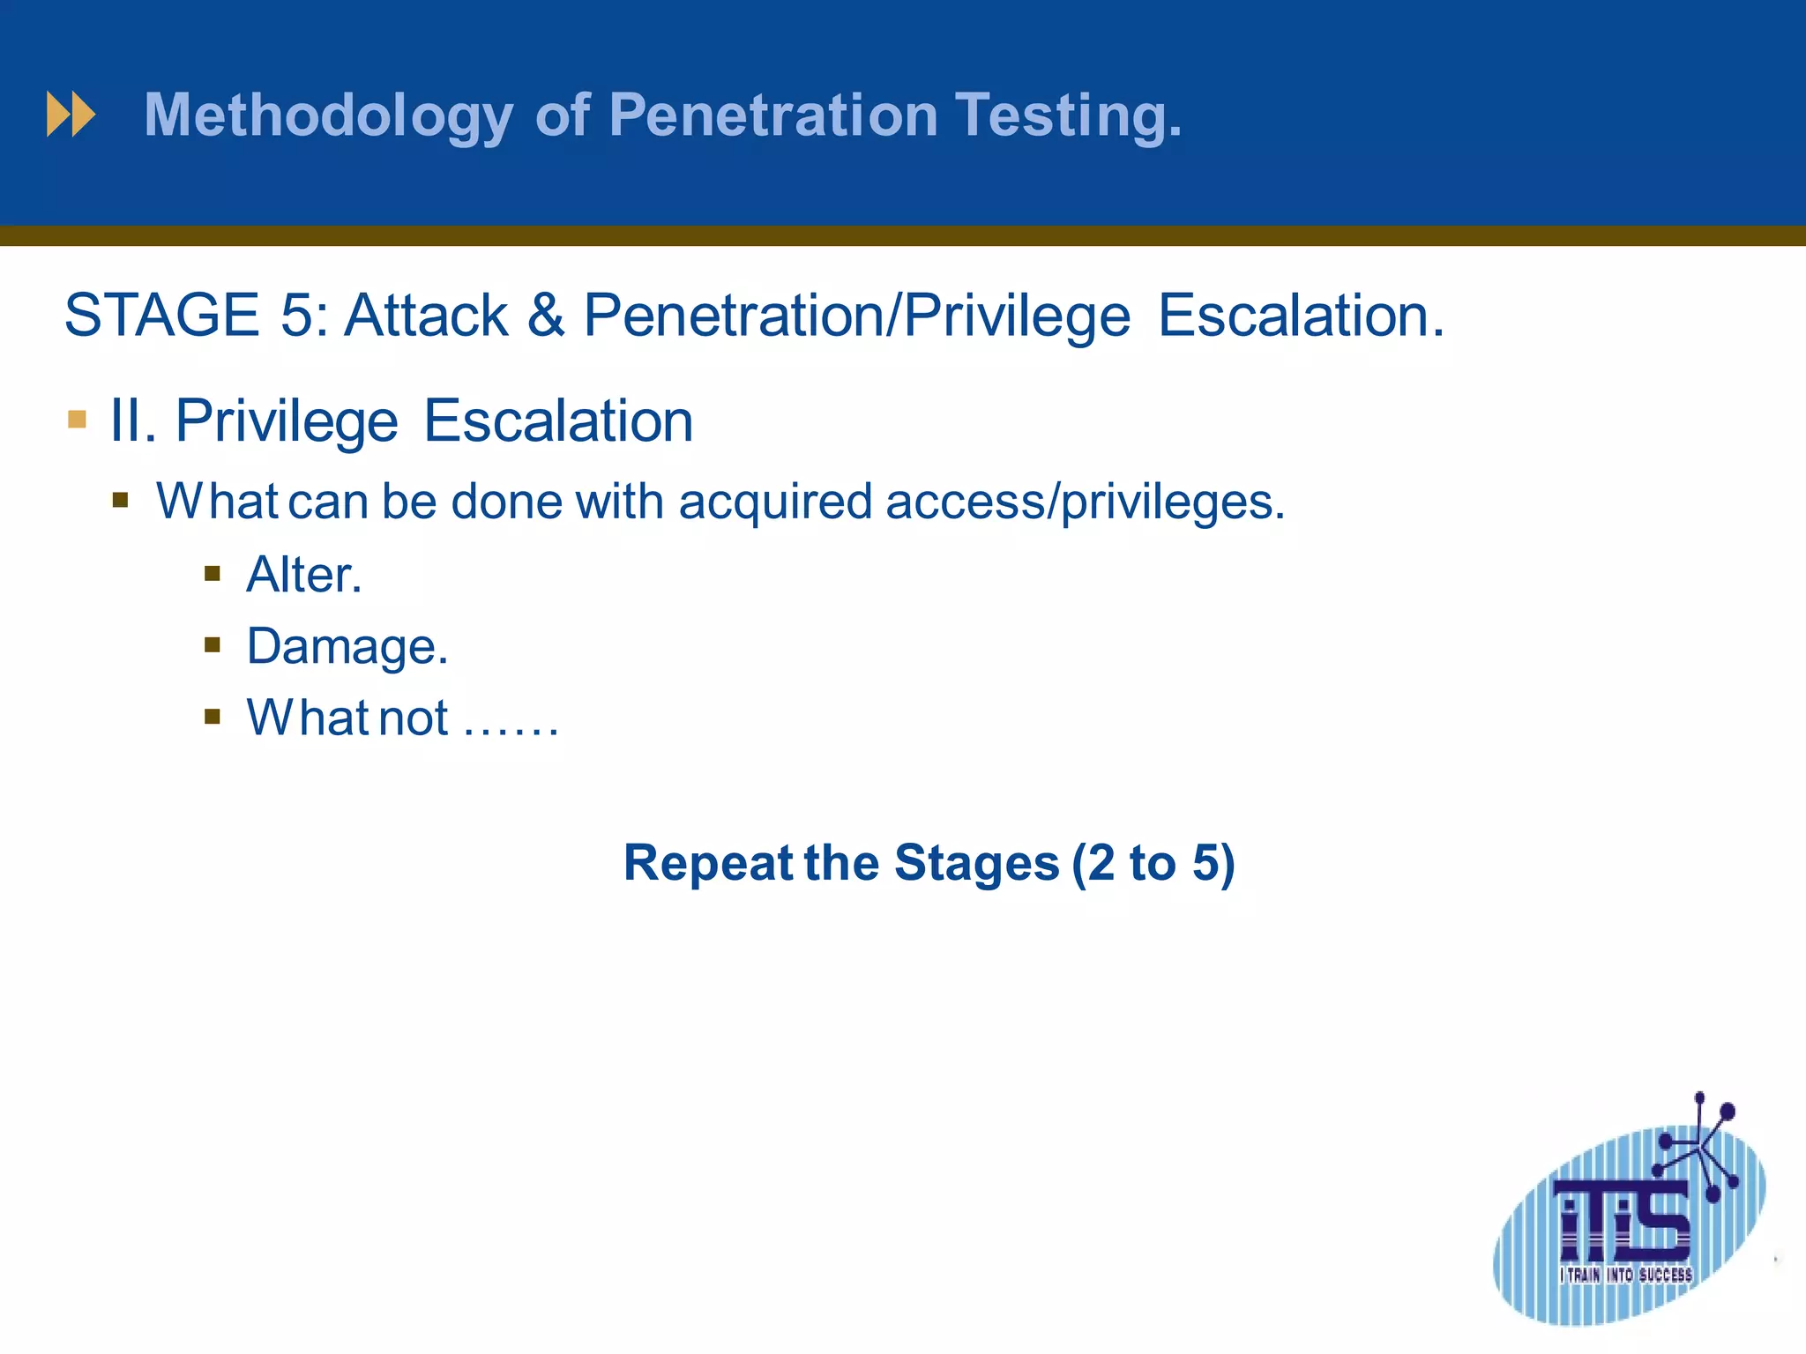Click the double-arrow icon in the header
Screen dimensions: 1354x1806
pyautogui.click(x=71, y=115)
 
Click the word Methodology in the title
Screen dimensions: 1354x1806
pyautogui.click(x=328, y=116)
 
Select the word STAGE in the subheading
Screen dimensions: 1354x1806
pyautogui.click(x=161, y=316)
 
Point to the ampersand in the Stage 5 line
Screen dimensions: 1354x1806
pyautogui.click(x=546, y=316)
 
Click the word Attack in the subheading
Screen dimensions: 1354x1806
pyautogui.click(x=426, y=316)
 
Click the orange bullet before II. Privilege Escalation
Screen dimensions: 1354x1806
pyautogui.click(x=77, y=419)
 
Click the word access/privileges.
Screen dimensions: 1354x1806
pyautogui.click(x=1085, y=502)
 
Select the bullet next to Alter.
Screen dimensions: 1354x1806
pyautogui.click(x=212, y=575)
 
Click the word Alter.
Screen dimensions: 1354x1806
pyautogui.click(x=303, y=575)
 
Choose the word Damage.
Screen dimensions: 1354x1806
pyautogui.click(x=347, y=646)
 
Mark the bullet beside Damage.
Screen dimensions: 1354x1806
pyautogui.click(x=212, y=645)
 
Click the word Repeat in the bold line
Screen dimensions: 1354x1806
pyautogui.click(x=708, y=863)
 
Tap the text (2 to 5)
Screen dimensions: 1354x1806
pyautogui.click(x=1153, y=863)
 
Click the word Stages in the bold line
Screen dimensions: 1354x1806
pyautogui.click(x=976, y=863)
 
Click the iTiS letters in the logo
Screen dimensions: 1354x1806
pyautogui.click(x=1623, y=1221)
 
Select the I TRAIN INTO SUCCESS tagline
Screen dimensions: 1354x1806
pyautogui.click(x=1625, y=1275)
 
